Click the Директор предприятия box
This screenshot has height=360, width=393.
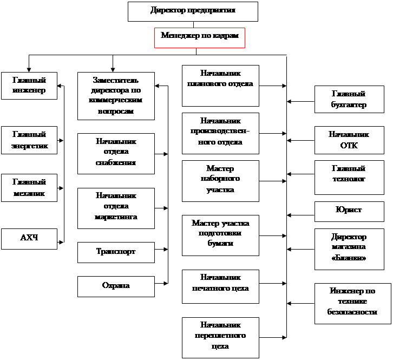[193, 11]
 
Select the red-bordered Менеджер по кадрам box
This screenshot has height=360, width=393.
[200, 37]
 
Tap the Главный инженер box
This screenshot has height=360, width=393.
[29, 85]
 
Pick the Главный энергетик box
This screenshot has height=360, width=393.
[29, 140]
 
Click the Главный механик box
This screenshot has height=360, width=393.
[29, 188]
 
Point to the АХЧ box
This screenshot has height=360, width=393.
[29, 239]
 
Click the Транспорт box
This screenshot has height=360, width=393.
[115, 252]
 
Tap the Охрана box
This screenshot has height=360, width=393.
[115, 286]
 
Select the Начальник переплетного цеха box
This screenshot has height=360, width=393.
[220, 337]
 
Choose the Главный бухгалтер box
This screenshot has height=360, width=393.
[348, 100]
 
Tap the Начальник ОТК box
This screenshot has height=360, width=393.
[348, 140]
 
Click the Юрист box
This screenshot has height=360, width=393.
[348, 210]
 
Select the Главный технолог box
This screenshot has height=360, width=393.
[348, 174]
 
